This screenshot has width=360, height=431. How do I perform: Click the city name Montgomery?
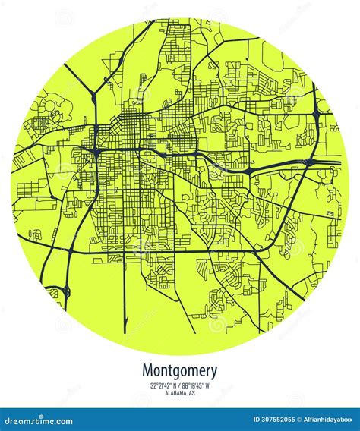click(179, 371)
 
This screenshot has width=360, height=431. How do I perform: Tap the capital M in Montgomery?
click(147, 370)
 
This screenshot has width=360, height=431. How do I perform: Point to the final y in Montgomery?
click(213, 373)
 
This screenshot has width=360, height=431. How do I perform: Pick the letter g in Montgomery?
click(176, 373)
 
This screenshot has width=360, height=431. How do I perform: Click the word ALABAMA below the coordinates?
click(175, 393)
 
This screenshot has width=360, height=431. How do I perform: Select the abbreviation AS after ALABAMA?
click(192, 393)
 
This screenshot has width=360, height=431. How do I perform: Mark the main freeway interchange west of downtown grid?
click(96, 151)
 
